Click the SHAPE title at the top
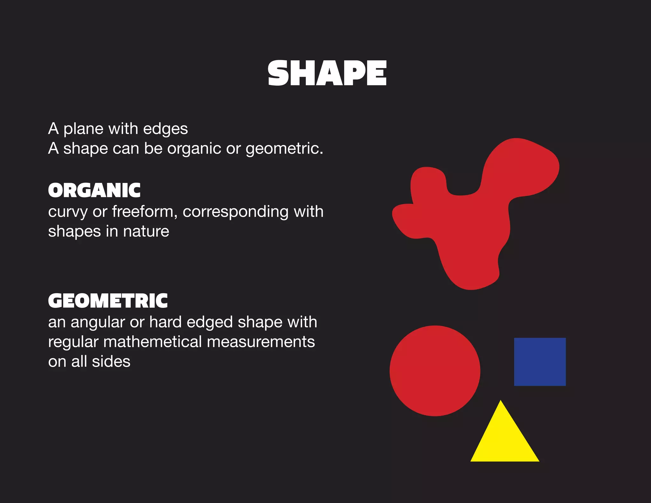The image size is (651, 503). pos(327,73)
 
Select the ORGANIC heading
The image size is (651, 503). pos(94,190)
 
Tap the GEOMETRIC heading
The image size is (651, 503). pos(108,301)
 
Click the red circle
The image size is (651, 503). pos(435,371)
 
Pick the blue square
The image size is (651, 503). pos(540,362)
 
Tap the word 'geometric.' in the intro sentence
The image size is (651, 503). pos(284,149)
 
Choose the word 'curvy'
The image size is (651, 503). pos(68,212)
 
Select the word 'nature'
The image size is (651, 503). pos(146,231)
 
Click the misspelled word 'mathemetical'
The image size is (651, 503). pos(153,342)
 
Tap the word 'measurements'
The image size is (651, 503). pos(261,342)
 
